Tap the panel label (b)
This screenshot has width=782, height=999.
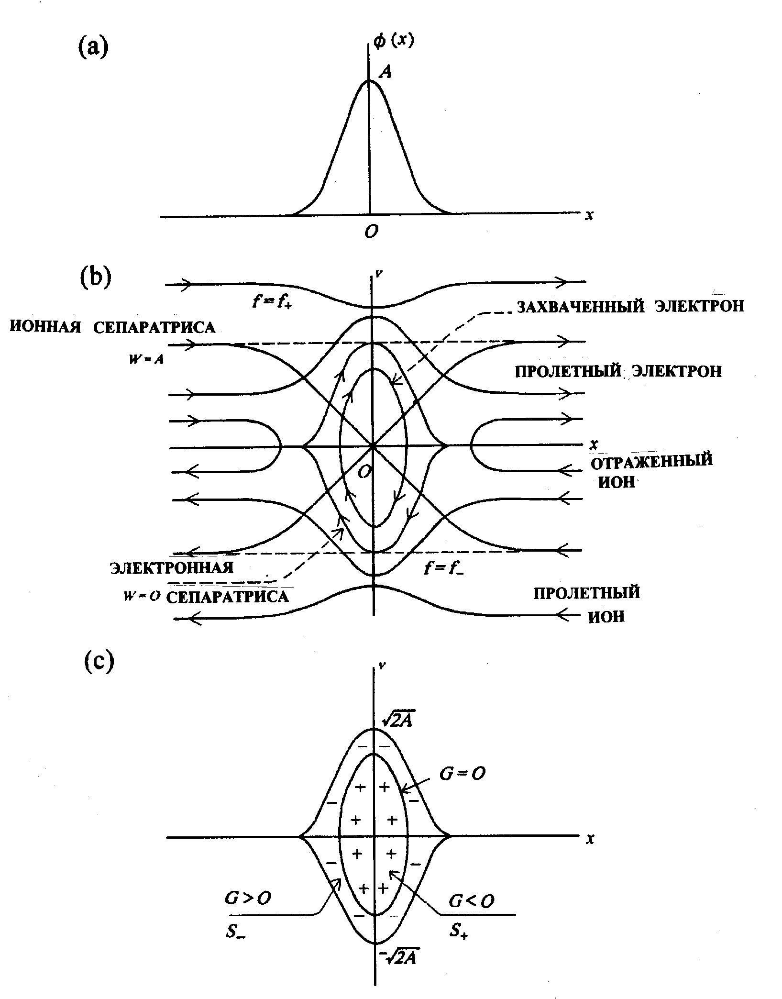click(95, 278)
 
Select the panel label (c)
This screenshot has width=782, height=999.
click(99, 662)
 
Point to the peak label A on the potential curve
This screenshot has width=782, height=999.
click(385, 72)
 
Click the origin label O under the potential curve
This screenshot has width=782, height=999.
click(371, 232)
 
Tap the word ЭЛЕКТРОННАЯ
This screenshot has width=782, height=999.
click(172, 567)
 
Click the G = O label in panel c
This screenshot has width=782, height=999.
click(463, 774)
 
